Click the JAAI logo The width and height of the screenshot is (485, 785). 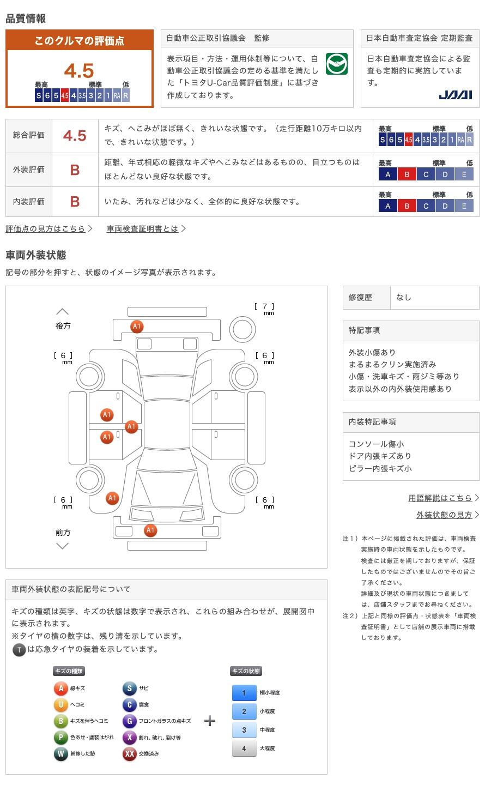click(x=455, y=95)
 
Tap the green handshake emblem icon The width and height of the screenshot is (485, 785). click(x=336, y=64)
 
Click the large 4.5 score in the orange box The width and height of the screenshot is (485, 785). click(x=79, y=70)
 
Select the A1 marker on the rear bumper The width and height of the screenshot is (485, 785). click(x=137, y=327)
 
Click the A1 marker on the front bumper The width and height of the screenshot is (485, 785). click(x=150, y=530)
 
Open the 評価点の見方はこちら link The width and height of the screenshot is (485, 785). click(x=46, y=229)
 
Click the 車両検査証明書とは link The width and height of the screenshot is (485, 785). click(x=143, y=229)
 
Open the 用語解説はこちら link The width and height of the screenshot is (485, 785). click(x=440, y=498)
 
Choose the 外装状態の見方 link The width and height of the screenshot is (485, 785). click(x=444, y=515)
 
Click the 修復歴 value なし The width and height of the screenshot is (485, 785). click(x=404, y=298)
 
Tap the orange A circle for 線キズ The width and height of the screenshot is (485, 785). click(x=61, y=689)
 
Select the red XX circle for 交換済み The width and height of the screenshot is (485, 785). click(x=130, y=754)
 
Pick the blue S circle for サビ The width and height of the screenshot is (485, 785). click(x=130, y=689)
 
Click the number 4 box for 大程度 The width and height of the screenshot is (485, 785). click(x=244, y=748)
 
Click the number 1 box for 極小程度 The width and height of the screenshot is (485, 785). click(x=244, y=693)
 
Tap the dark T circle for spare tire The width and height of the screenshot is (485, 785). click(x=19, y=649)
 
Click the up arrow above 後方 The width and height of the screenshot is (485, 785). click(x=63, y=312)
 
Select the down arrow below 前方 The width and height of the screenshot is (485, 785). click(x=63, y=546)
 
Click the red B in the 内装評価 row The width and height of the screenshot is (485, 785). click(x=75, y=202)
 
